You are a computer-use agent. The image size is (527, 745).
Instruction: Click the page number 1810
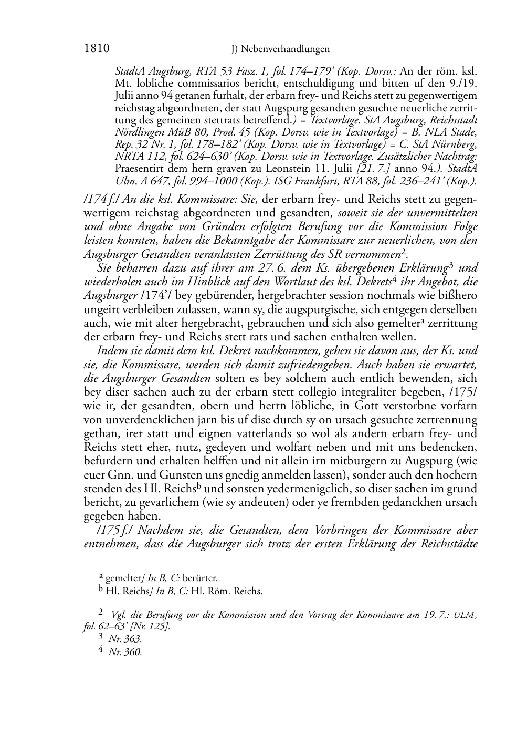point(96,49)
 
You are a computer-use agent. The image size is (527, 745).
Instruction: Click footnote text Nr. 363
point(125,639)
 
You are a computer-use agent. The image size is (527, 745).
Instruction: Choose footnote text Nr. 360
point(125,653)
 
